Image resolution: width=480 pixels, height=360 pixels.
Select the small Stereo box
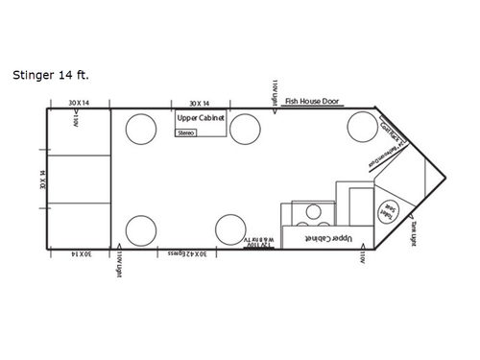pos(186,133)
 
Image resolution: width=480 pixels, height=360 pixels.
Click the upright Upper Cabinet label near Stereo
pos(201,119)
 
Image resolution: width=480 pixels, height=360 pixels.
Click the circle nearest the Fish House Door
pos(362,126)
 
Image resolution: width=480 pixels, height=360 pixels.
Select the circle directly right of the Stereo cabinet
pos(245,126)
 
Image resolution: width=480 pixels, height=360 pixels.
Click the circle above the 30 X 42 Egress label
pos(230,229)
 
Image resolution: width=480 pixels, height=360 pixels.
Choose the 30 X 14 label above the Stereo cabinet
pos(200,102)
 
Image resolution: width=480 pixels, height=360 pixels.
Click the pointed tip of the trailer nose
pos(447,180)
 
